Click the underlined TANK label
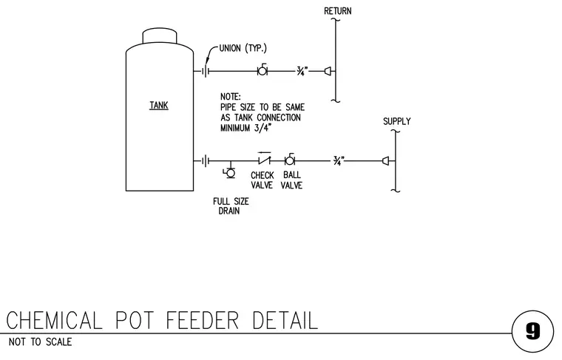(159, 105)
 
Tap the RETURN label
(338, 11)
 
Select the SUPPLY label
(397, 121)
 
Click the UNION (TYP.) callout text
(243, 48)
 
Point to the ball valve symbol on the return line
(263, 70)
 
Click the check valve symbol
(264, 158)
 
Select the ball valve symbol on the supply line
(290, 160)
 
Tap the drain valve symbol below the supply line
(230, 173)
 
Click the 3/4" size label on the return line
(302, 71)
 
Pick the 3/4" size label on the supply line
(339, 161)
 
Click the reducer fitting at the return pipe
(328, 71)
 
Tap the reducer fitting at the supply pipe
(386, 161)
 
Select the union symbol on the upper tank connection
(206, 71)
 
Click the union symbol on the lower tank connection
(206, 161)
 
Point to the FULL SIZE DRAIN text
(231, 206)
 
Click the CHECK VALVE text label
(262, 180)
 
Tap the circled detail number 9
(532, 332)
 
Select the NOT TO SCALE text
(40, 342)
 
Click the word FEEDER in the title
(203, 320)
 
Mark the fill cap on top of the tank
(160, 35)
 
